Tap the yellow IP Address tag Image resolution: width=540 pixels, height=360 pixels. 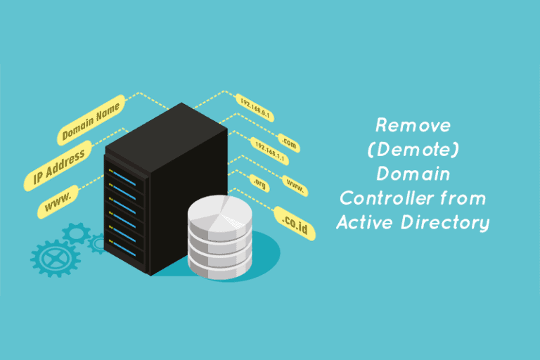pos(58,166)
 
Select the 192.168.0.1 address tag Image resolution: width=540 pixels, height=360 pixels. pos(255,108)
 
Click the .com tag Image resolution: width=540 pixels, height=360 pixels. pos(288,143)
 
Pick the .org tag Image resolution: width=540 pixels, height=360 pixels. pos(259,184)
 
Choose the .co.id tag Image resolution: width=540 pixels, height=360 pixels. pos(295,224)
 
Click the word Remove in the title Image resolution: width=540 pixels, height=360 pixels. pos(413,125)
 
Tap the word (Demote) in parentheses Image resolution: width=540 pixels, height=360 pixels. pos(413,150)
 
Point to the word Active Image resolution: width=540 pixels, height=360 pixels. pos(365,222)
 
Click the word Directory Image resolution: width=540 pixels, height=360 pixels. pos(445,223)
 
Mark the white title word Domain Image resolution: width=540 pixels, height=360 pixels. pos(413,174)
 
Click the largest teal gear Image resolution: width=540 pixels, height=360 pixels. pos(56,258)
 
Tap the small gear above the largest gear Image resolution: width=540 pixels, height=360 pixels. pos(76,233)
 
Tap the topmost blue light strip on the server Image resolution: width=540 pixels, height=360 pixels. pos(124,179)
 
